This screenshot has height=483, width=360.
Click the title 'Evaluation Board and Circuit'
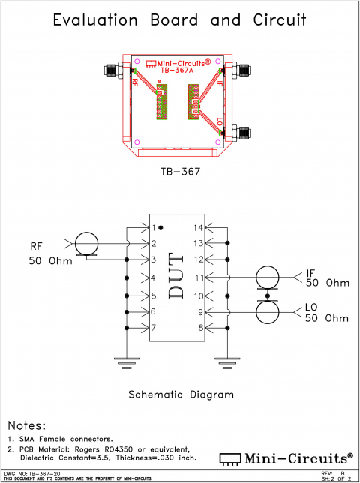180,20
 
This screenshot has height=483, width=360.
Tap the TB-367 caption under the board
180,171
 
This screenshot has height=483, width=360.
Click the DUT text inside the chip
178,277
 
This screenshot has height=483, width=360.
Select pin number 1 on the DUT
153,227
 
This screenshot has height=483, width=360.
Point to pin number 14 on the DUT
198,227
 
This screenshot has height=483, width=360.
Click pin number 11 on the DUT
198,277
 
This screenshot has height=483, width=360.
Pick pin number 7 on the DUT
153,328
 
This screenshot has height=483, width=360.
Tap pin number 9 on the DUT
199,311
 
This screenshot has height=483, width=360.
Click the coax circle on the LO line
267,311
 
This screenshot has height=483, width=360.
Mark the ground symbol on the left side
126,363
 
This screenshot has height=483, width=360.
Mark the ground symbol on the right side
226,363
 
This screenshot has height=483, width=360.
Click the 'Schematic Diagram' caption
181,394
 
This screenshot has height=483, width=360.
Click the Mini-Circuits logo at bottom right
286,457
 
